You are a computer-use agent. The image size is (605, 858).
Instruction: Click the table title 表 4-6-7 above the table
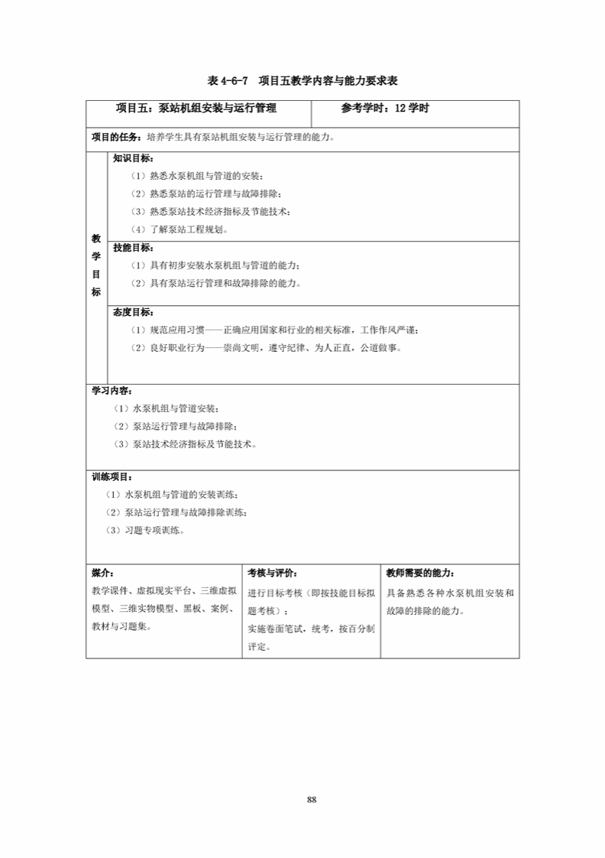(x=303, y=80)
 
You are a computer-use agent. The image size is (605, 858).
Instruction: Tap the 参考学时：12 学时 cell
(x=385, y=109)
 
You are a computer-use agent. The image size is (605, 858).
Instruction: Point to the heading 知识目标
(x=133, y=159)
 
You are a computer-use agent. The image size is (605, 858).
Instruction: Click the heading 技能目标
(x=133, y=248)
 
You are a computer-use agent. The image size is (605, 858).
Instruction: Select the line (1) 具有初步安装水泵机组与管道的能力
(x=215, y=265)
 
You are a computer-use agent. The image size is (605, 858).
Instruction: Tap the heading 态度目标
(x=133, y=312)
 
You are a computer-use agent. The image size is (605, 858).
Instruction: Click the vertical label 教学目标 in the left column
(x=96, y=265)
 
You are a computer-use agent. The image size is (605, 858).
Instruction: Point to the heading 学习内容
(x=112, y=390)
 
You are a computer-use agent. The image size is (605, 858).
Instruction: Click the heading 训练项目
(x=112, y=476)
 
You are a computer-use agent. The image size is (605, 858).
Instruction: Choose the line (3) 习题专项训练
(x=145, y=529)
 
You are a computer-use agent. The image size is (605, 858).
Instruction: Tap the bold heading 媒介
(x=102, y=572)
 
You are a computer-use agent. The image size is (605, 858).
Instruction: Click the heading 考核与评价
(x=273, y=572)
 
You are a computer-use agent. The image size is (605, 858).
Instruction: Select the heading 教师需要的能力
(x=421, y=572)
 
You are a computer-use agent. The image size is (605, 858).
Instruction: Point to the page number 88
(x=312, y=800)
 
